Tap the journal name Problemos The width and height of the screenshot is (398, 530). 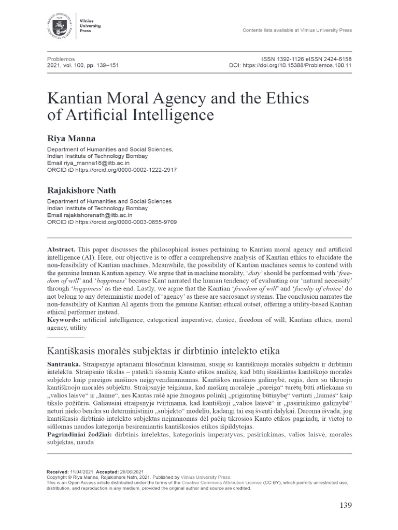tap(61, 60)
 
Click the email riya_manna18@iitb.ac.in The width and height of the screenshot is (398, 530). tap(96, 162)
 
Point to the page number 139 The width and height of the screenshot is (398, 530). tap(344, 505)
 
